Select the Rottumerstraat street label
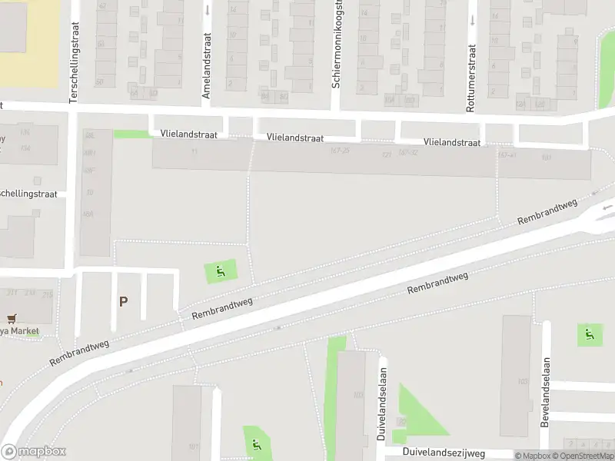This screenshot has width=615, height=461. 471,79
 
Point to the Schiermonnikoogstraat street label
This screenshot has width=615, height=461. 336,44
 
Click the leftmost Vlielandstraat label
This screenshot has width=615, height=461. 188,134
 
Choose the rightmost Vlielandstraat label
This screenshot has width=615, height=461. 451,142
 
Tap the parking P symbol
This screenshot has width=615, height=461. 123,302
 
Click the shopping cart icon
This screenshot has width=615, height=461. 12,318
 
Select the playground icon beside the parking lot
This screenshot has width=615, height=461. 221,270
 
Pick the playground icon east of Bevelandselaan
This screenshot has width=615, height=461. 590,333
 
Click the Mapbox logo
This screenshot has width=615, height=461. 33,452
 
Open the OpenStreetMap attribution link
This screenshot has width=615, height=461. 587,456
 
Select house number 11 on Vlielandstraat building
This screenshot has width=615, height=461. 194,151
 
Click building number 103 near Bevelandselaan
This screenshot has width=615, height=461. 523,382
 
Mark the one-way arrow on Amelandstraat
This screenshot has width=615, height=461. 208,11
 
